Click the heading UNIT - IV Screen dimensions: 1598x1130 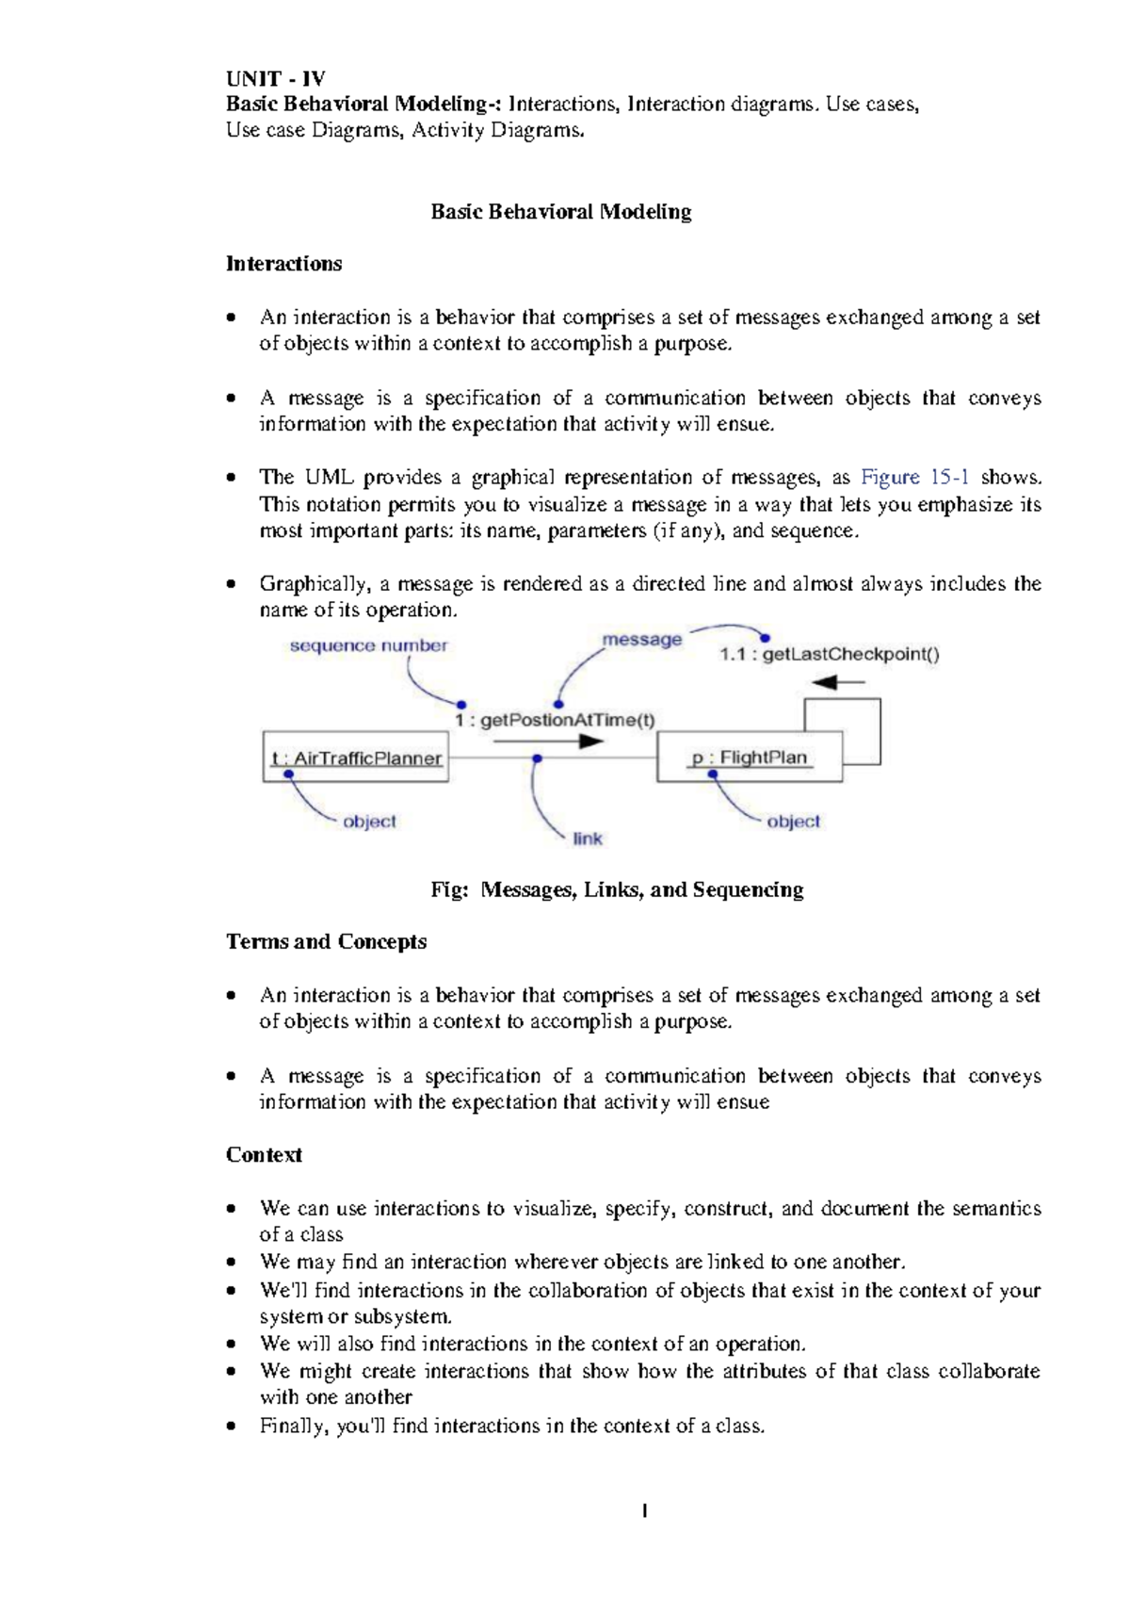point(275,78)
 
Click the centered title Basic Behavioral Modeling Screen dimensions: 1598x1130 point(560,211)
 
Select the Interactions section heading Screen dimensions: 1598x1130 point(283,264)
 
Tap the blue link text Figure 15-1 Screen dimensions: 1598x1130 point(914,478)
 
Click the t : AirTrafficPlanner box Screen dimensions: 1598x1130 point(356,758)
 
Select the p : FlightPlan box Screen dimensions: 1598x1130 point(750,758)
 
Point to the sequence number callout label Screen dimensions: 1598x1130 point(368,645)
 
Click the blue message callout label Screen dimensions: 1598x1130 point(641,639)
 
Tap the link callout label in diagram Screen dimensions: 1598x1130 point(587,839)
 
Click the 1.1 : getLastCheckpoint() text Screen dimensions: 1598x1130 point(829,654)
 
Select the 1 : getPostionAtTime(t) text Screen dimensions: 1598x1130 point(555,720)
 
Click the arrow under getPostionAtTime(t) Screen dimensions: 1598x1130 point(548,742)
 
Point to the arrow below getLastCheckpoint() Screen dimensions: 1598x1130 point(837,682)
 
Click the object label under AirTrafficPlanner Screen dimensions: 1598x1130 point(369,822)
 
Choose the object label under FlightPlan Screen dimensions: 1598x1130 point(793,822)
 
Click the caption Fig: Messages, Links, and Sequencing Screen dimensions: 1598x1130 point(617,889)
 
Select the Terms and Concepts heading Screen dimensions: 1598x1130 point(326,941)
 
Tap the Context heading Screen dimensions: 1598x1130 point(264,1154)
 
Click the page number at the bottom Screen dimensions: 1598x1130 point(644,1511)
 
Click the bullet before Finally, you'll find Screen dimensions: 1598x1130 point(232,1427)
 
